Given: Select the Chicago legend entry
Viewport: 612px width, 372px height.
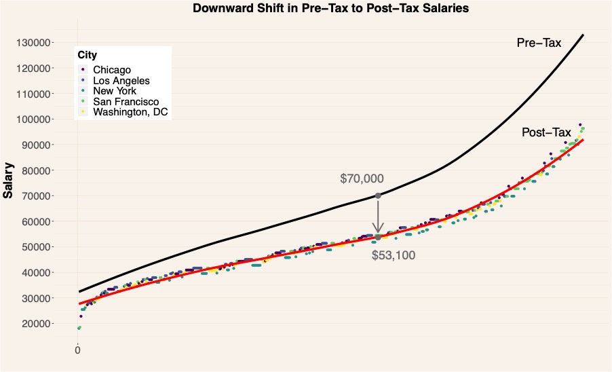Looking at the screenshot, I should [112, 70].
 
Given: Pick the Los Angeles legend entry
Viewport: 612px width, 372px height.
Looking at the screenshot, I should [121, 80].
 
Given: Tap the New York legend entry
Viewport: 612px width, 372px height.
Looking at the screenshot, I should [115, 91].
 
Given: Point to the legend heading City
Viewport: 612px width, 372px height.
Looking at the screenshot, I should [86, 55].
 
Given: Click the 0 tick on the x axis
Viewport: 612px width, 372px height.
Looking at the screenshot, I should [77, 350].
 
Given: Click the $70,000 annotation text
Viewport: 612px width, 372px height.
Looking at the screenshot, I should [362, 179].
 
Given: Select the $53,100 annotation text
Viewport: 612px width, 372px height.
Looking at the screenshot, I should [394, 256].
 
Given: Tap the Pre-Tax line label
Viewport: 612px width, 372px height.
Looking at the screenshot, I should [539, 43].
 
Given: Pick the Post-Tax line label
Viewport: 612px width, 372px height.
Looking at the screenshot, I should [546, 133].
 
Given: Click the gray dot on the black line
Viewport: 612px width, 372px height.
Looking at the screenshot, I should [378, 196].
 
